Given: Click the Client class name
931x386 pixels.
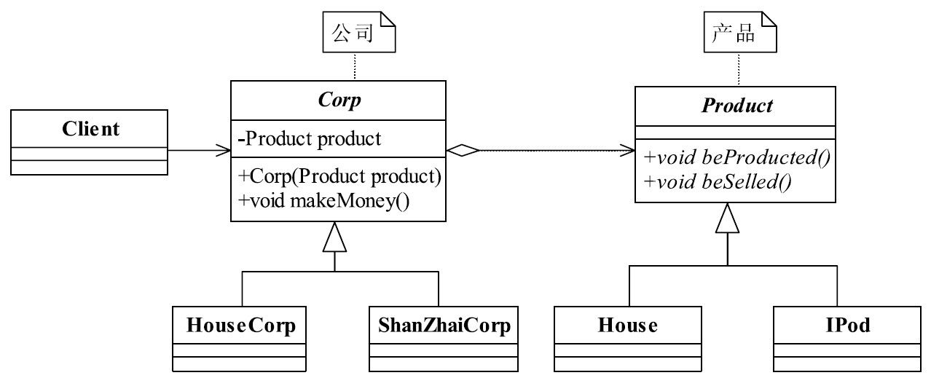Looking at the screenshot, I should point(90,129).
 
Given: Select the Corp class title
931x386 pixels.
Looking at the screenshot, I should point(339,100).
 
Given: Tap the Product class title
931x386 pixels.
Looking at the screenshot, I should point(736,106).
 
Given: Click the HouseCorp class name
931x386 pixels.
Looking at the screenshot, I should point(241,325).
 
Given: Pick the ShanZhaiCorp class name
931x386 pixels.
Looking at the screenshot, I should point(444,325).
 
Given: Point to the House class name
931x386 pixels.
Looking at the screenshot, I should point(627,325).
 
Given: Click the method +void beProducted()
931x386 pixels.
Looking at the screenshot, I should point(736,157).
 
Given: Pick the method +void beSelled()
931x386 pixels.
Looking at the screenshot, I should point(717,180).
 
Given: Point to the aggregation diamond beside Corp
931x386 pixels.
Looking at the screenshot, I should point(463,151).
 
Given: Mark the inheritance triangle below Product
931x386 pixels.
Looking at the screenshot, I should point(728,218).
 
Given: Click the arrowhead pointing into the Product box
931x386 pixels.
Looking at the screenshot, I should point(628,151).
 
